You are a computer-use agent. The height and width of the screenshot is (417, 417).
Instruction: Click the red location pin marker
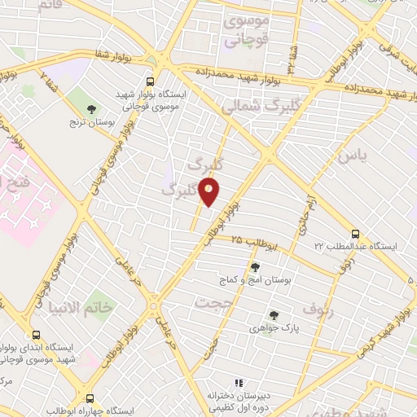pyautogui.click(x=209, y=193)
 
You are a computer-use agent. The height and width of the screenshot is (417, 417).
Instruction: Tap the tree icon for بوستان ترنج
pyautogui.click(x=91, y=108)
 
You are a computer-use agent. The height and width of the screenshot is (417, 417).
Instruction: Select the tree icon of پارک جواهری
pyautogui.click(x=274, y=316)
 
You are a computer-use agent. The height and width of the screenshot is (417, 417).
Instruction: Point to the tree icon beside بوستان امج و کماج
pyautogui.click(x=257, y=266)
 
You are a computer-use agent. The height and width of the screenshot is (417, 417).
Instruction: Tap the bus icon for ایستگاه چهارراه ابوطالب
pyautogui.click(x=90, y=399)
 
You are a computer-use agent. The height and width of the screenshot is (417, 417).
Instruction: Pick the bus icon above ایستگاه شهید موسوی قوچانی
pyautogui.click(x=149, y=81)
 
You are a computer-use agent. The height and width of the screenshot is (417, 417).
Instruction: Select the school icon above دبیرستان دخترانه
pyautogui.click(x=239, y=382)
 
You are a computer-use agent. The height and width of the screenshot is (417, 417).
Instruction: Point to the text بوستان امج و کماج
pyautogui.click(x=257, y=280)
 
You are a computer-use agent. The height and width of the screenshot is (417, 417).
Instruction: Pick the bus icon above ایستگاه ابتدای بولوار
pyautogui.click(x=35, y=333)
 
